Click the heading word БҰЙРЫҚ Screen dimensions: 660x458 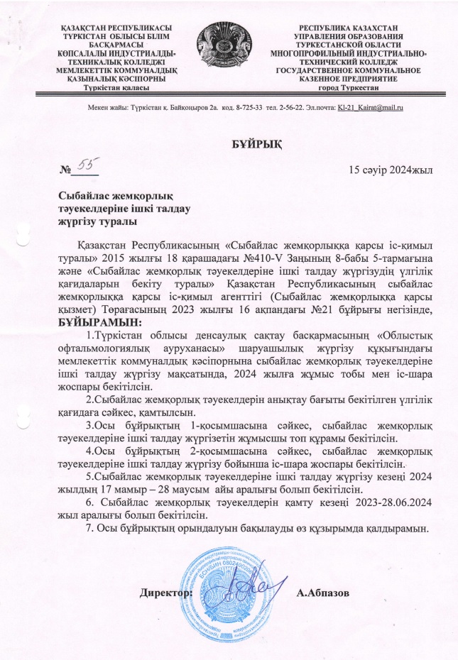click(x=258, y=145)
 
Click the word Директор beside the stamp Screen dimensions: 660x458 click(x=165, y=591)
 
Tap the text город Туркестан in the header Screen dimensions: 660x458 click(x=349, y=87)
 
